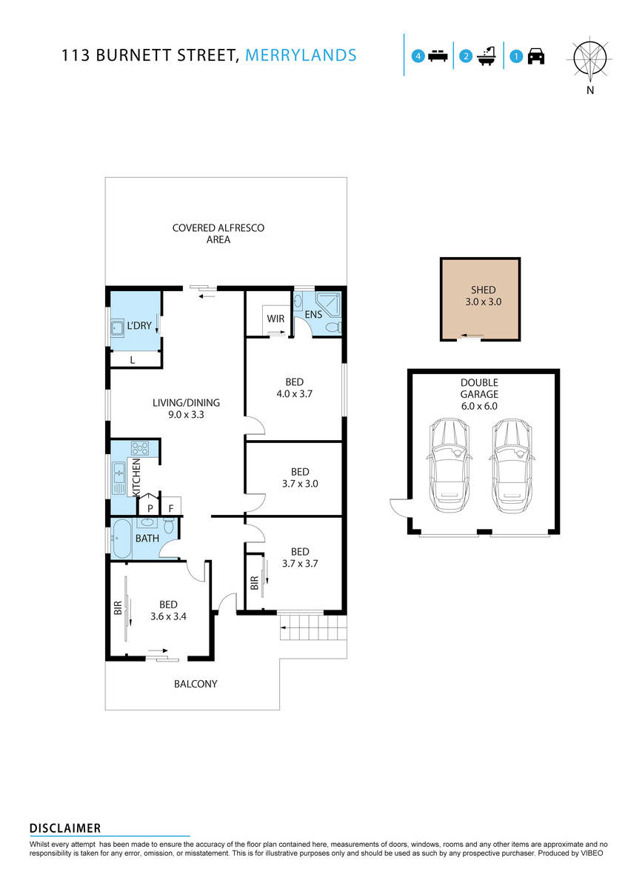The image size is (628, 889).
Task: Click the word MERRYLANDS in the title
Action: pos(300,55)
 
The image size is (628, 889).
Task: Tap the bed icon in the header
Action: pos(438,56)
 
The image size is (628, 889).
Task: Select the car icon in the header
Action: pos(536,56)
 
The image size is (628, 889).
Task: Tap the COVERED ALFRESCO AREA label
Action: pos(218,233)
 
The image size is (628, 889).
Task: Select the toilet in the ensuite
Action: pos(333,327)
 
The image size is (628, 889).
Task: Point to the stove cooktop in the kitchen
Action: pos(140,448)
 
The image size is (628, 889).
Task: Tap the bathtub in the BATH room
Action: pos(121,538)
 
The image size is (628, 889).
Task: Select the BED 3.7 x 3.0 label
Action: pos(299,478)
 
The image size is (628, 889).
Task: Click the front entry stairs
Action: pos(313,631)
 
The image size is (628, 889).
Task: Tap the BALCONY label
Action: pos(196,684)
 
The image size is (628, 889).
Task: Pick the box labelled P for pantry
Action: pos(150,508)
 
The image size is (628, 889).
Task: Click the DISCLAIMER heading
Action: pos(65,828)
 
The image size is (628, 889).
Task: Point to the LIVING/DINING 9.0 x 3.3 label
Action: pos(186,409)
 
